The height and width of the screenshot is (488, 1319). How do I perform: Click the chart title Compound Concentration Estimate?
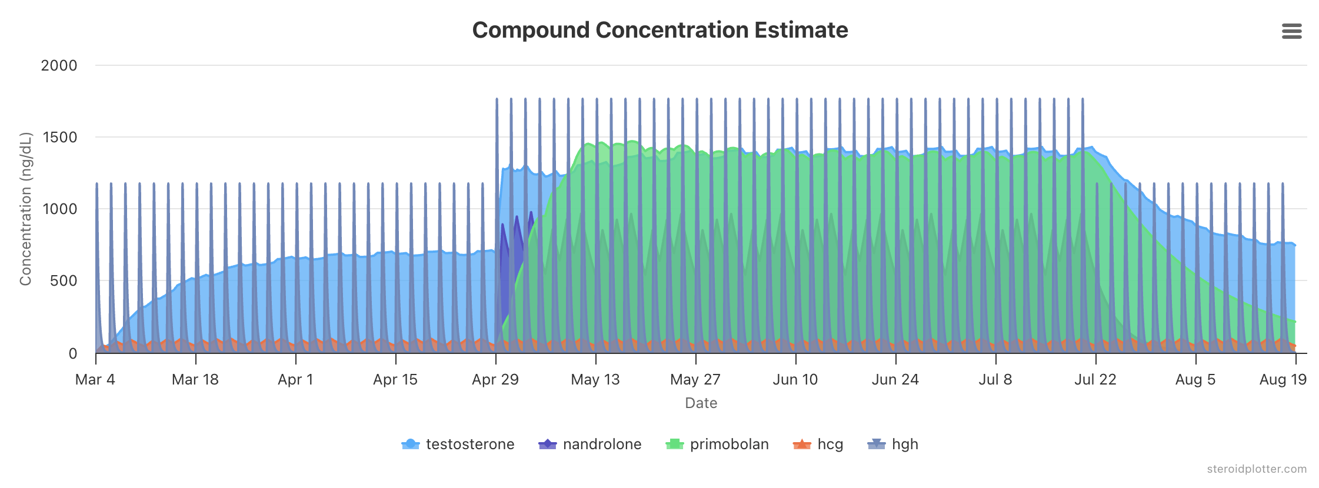click(x=659, y=30)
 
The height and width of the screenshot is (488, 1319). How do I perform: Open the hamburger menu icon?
click(x=1291, y=31)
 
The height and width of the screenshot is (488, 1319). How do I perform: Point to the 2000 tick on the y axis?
click(x=59, y=65)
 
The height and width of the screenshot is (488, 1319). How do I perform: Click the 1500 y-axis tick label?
click(x=59, y=137)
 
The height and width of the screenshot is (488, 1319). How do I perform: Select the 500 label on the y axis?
click(x=64, y=280)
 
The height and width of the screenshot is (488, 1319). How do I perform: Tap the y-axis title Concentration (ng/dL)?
click(x=25, y=209)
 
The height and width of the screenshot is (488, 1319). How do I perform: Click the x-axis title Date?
click(x=701, y=403)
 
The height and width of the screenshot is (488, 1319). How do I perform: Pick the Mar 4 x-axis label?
click(x=95, y=379)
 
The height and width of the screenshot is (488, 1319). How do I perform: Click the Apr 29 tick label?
click(x=495, y=379)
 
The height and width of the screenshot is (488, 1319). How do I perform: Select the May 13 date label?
click(x=595, y=379)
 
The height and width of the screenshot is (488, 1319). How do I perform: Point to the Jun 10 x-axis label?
click(x=795, y=379)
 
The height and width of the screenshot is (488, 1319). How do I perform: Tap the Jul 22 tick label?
click(x=1095, y=379)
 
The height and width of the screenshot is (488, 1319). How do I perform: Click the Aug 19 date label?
click(x=1283, y=379)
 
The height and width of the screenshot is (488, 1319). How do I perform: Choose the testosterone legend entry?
click(x=458, y=444)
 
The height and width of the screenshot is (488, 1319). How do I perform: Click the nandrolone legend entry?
click(x=590, y=444)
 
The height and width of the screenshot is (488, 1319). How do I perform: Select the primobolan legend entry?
click(x=717, y=444)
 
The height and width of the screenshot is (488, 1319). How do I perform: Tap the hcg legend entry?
click(x=818, y=444)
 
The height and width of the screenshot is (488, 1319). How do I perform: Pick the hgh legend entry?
click(x=893, y=444)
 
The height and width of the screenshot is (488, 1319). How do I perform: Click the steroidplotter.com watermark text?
click(x=1257, y=469)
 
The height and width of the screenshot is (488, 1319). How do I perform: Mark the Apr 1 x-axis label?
click(x=295, y=379)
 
